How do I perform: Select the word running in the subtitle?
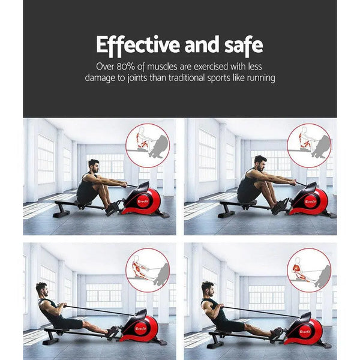pos(258,78)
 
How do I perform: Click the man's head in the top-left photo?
pos(94,165)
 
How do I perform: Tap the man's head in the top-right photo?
pos(259,162)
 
